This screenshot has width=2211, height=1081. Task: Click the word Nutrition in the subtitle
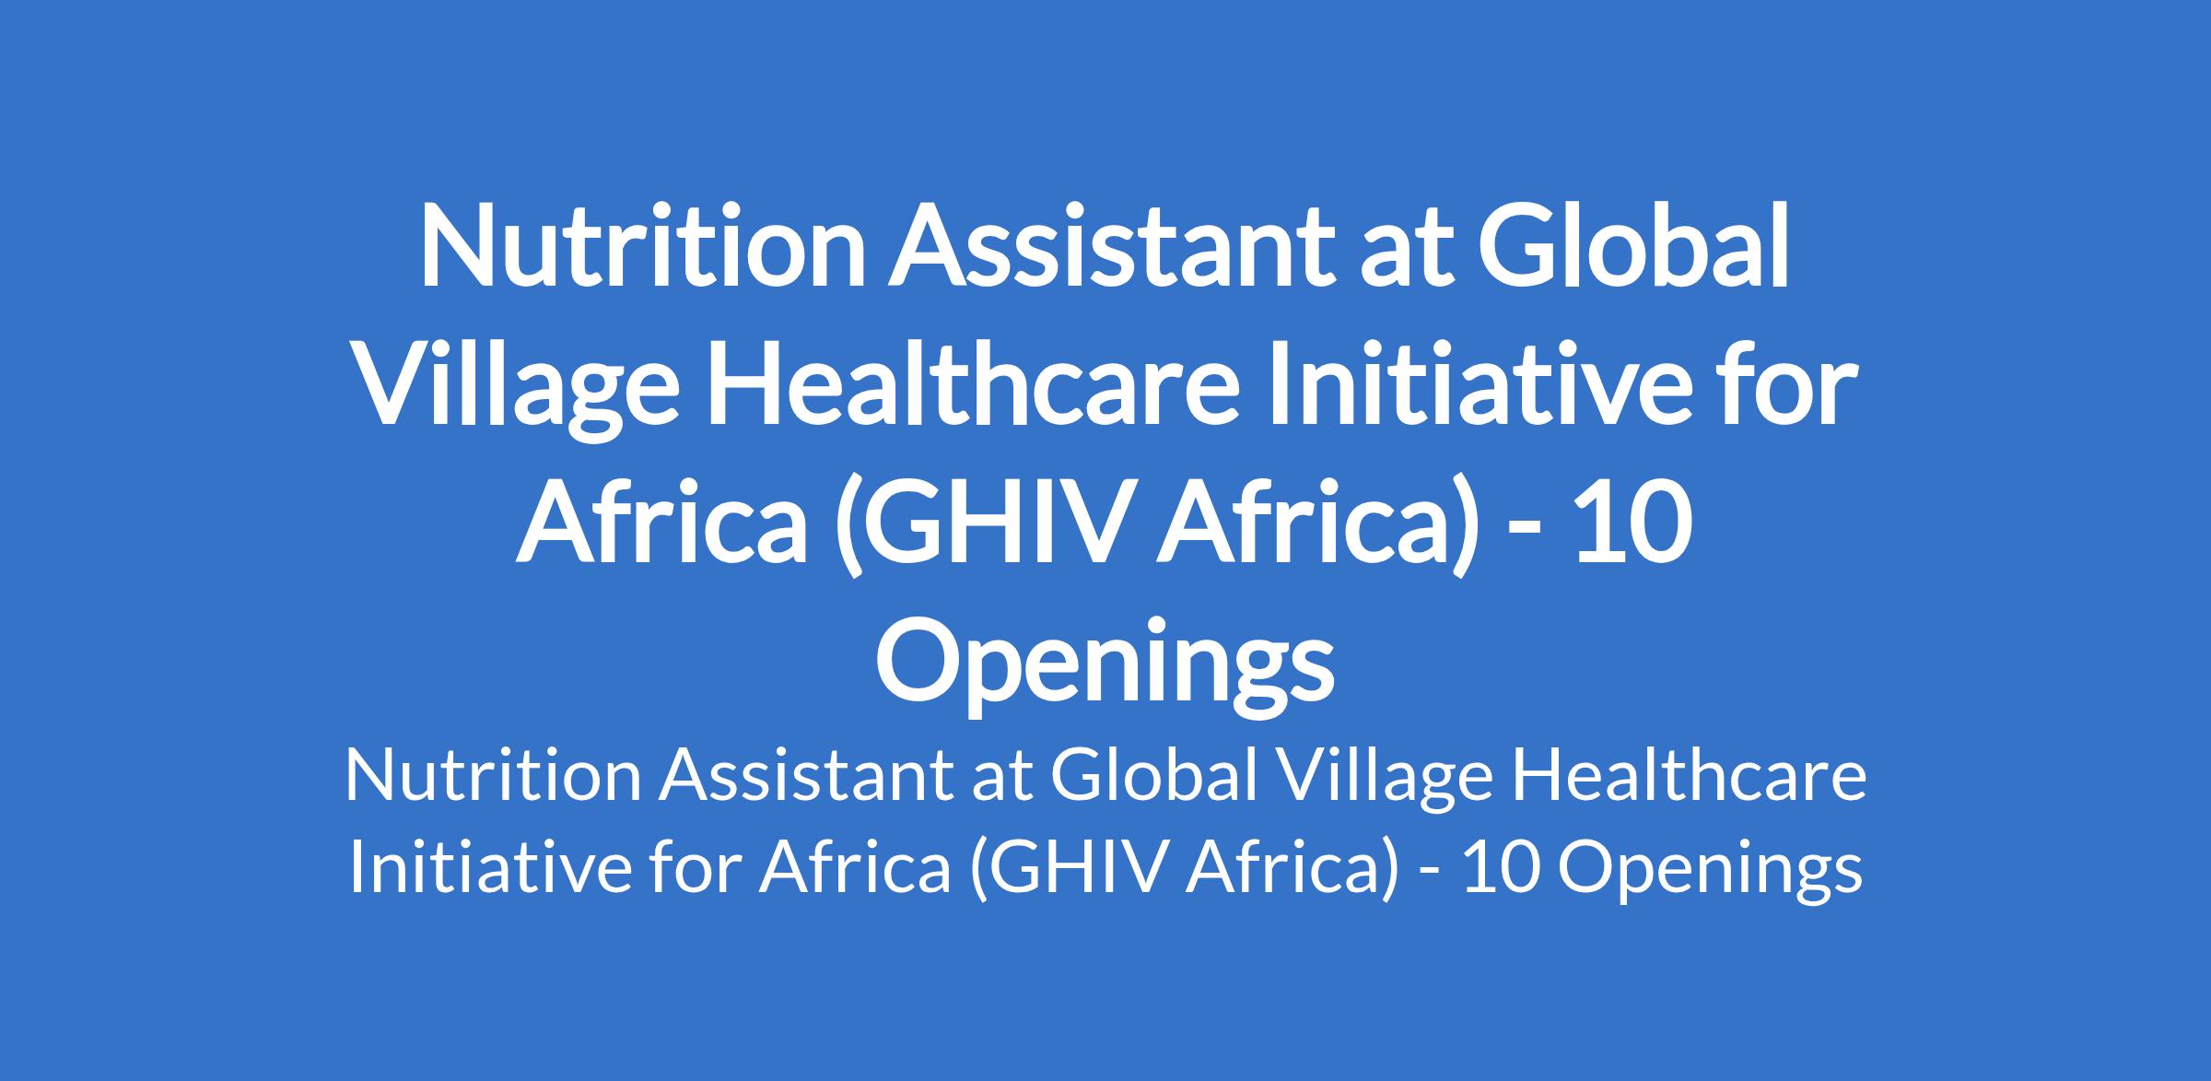(x=493, y=776)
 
